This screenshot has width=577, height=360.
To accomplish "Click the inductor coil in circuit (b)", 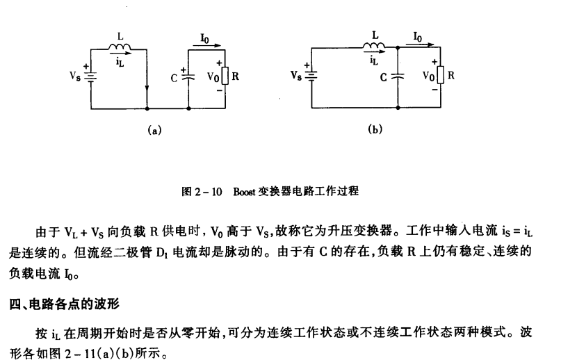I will pos(375,47).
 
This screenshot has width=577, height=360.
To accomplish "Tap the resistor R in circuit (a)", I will pos(224,77).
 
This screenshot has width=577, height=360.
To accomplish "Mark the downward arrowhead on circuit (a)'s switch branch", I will pos(147,88).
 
